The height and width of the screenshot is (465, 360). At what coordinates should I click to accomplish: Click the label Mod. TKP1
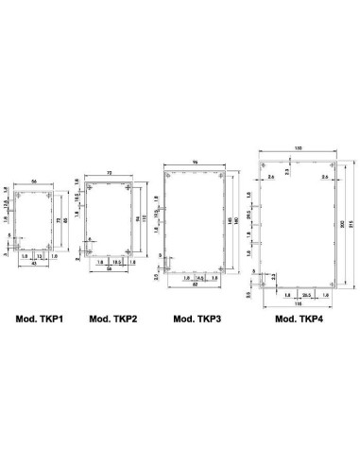click(x=37, y=319)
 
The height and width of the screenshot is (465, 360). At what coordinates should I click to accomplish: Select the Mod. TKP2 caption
click(x=112, y=319)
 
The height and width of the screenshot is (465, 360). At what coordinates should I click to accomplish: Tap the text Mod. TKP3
click(x=198, y=319)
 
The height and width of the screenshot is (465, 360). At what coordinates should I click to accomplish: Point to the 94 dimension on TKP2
click(x=138, y=223)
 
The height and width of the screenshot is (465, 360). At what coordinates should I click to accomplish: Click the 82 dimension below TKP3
click(x=195, y=284)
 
